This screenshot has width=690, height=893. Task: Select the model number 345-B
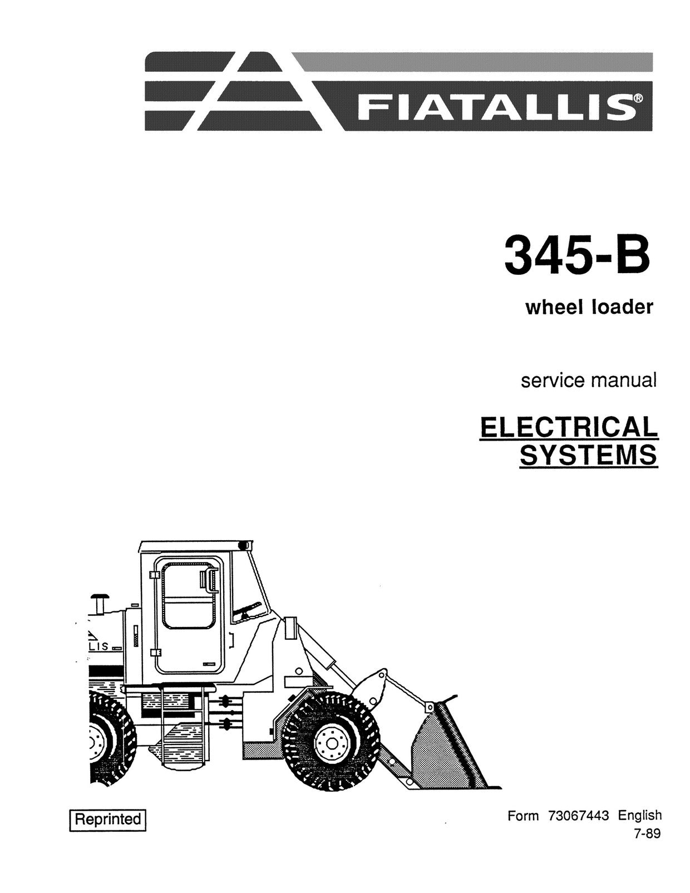pyautogui.click(x=578, y=255)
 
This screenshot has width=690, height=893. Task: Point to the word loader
pyautogui.click(x=622, y=307)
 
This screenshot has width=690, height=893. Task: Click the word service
pyautogui.click(x=552, y=380)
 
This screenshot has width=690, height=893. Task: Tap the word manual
pyautogui.click(x=623, y=380)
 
